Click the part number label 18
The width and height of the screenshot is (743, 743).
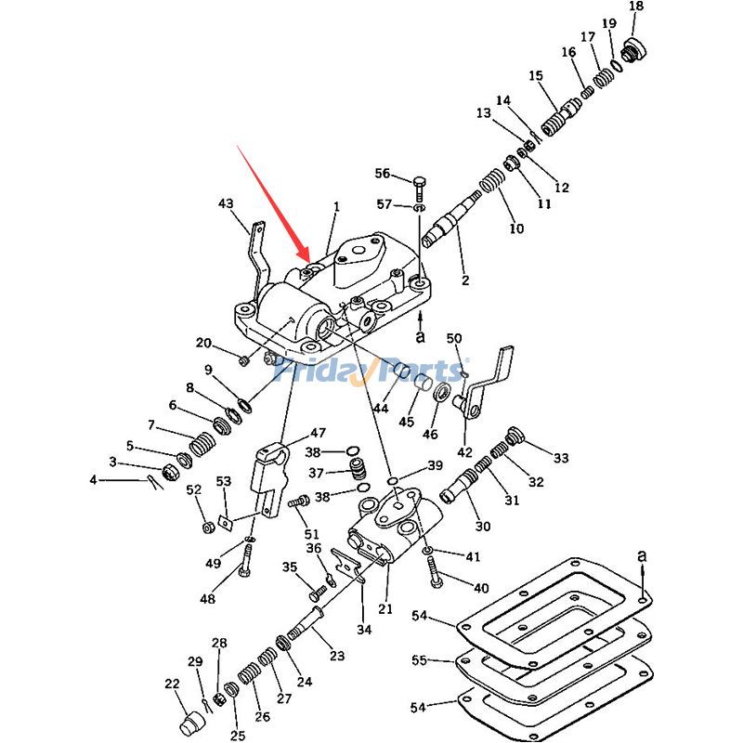635,7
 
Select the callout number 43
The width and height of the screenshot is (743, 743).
226,203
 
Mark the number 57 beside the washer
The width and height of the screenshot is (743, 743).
384,204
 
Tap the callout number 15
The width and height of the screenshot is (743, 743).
536,75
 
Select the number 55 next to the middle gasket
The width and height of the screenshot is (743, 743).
421,660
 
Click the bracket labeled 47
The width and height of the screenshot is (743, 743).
270,478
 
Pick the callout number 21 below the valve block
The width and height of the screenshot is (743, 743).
385,609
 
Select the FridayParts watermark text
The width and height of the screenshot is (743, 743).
371,371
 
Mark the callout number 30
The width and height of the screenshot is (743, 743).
483,527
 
